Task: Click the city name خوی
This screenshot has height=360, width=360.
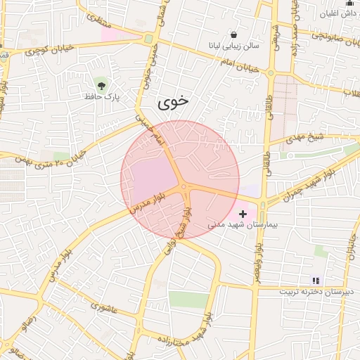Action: tap(173, 101)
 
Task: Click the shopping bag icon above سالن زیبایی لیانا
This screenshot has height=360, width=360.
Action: tap(234, 34)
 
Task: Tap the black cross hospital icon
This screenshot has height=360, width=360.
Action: tap(243, 213)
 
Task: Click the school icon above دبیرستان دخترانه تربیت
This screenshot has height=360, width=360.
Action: tap(316, 280)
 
